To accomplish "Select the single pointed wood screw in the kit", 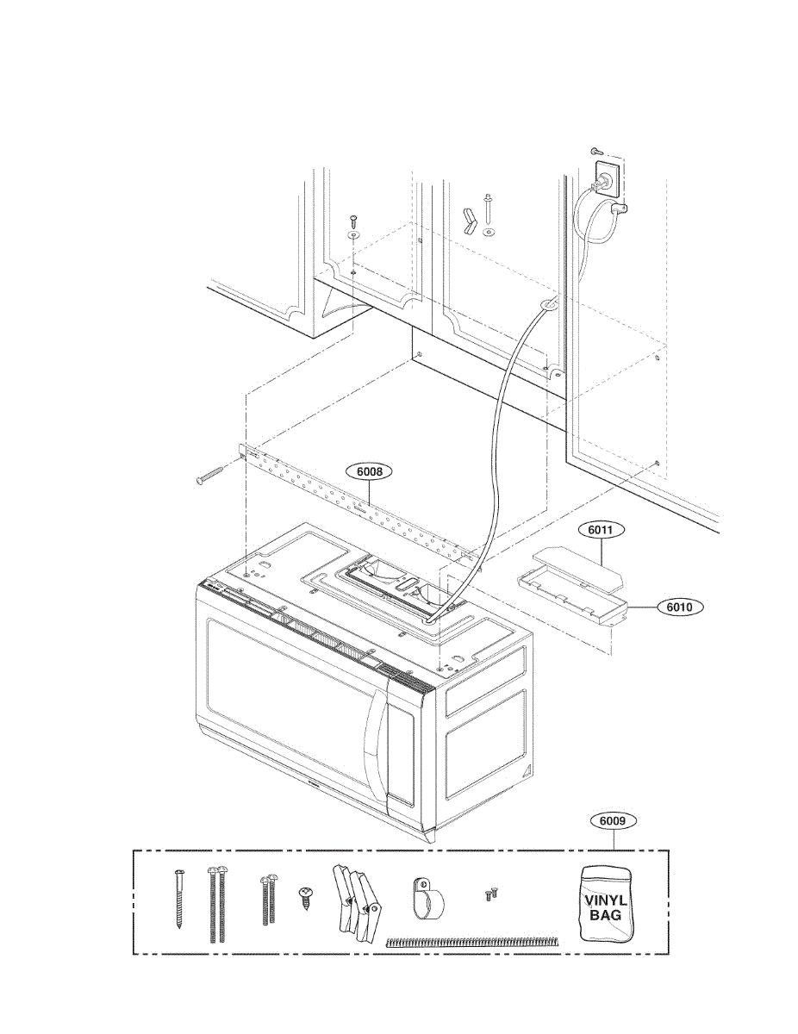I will [179, 899].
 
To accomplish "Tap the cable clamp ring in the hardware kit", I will [426, 899].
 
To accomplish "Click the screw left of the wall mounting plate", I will [211, 474].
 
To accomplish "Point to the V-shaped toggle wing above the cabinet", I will [469, 220].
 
